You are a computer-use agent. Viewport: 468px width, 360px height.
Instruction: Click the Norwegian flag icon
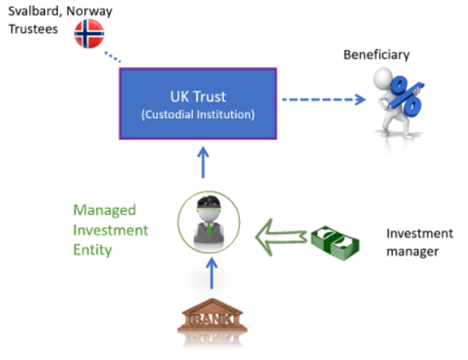tap(89, 33)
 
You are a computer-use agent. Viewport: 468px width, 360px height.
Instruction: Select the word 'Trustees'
tap(32, 28)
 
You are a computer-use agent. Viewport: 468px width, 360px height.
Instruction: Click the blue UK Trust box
tap(197, 103)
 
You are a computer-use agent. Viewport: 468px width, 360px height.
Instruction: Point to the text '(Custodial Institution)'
tap(197, 112)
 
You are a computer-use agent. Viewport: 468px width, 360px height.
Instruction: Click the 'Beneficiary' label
tap(376, 55)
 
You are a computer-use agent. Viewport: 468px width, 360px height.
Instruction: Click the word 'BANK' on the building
tap(204, 317)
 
